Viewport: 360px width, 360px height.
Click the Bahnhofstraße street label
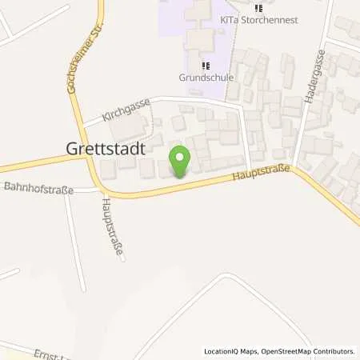point(38,190)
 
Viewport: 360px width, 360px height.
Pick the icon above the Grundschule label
point(206,66)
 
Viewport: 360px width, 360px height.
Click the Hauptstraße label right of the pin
point(259,172)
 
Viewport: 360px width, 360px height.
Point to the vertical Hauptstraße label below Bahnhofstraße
point(112,229)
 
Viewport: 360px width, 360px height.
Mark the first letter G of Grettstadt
point(69,148)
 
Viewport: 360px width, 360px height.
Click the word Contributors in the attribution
point(332,352)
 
